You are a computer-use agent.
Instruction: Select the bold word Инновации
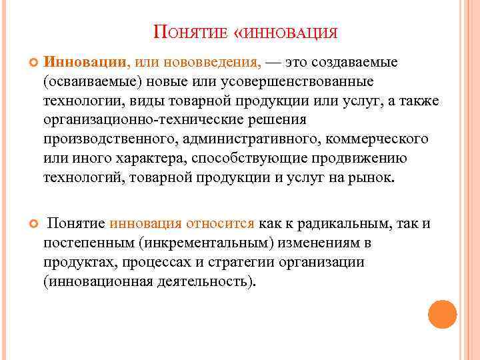coord(85,63)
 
